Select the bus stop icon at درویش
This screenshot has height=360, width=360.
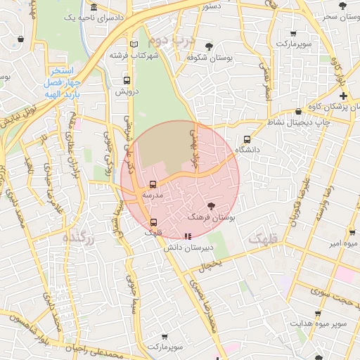click(x=127, y=80)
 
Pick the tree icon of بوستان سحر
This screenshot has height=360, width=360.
click(x=342, y=6)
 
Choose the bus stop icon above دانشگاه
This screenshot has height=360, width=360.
click(x=247, y=139)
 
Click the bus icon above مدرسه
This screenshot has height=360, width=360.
click(x=153, y=184)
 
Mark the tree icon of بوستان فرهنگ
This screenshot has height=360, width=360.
click(x=212, y=206)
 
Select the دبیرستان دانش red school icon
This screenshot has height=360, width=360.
click(x=187, y=237)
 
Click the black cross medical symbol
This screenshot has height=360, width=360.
click(x=343, y=95)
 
